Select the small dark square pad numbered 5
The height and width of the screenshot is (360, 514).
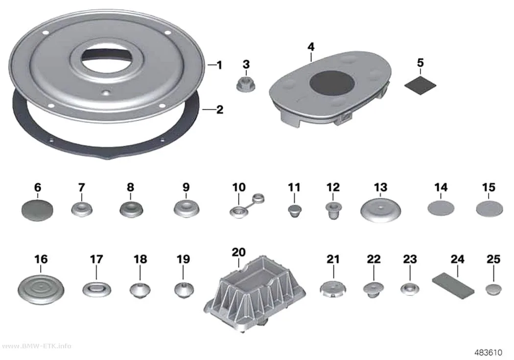pos(420,85)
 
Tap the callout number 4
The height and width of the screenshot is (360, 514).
pos(311,47)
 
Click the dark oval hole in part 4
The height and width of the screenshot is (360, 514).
pos(332,82)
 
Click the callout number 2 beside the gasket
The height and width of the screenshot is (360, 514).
pos(220,110)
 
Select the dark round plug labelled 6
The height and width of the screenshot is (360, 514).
pos(37,210)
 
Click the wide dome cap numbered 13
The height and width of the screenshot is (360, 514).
pos(380,211)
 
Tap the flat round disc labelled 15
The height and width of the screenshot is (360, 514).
pos(489,209)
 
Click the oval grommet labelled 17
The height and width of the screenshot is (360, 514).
pos(96,290)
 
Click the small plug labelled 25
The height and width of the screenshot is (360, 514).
pos(493,290)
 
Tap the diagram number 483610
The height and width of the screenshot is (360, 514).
pos(488,352)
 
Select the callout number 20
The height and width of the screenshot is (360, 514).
pos(238,252)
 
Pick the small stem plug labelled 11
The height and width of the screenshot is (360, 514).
pos(294,211)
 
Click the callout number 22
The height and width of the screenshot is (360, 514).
pos(374,259)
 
